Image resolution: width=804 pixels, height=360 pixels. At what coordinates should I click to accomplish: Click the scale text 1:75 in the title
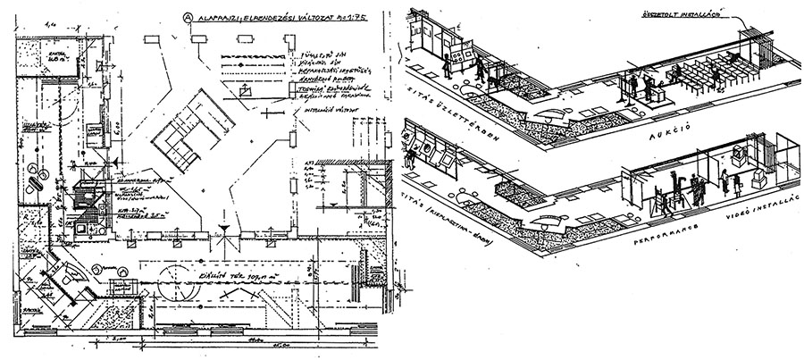click(355, 16)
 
